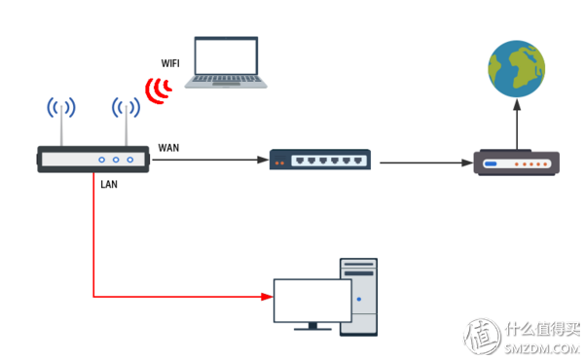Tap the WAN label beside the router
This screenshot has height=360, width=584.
pyautogui.click(x=168, y=148)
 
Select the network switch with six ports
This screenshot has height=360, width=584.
pyautogui.click(x=319, y=160)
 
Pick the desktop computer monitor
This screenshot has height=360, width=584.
pyautogui.click(x=312, y=301)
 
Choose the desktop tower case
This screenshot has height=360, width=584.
pyautogui.click(x=357, y=296)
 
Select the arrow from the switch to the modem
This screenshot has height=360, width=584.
pyautogui.click(x=423, y=161)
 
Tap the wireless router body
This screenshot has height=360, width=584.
pyautogui.click(x=94, y=160)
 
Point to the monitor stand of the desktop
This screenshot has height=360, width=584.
pyautogui.click(x=312, y=328)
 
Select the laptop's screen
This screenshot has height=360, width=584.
pyautogui.click(x=226, y=57)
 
